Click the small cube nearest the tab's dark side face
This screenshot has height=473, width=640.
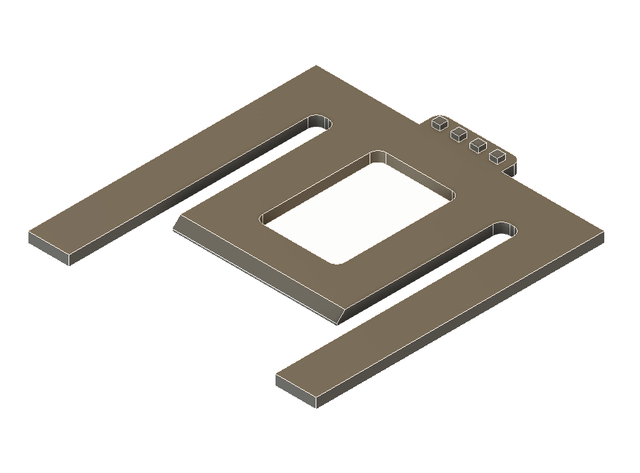pos(498,155)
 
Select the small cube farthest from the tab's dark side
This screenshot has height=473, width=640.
pos(440,123)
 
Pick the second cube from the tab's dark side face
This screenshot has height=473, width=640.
pos(478,145)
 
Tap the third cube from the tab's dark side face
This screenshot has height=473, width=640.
pos(458,134)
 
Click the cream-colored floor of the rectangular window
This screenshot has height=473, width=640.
pos(357,211)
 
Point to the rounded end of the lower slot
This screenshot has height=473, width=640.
pos(504,230)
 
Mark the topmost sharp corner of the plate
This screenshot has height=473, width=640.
pos(316,66)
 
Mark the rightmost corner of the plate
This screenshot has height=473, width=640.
pos(603,233)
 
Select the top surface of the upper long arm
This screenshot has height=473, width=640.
pos(168,175)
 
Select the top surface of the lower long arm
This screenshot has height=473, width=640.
pos(437,306)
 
